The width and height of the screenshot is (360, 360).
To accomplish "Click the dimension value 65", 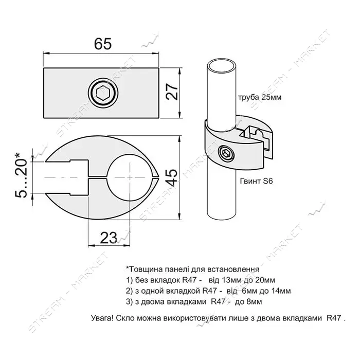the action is (103, 44).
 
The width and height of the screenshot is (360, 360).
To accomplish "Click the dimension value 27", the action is (172, 92).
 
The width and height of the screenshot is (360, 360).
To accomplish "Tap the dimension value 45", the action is (172, 178).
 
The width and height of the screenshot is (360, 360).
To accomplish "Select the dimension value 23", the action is (109, 238).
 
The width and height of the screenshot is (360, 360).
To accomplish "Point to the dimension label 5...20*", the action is (21, 175).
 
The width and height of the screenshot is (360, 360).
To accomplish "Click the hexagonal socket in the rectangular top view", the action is (103, 93).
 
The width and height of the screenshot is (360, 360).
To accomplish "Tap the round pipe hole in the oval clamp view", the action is (130, 178).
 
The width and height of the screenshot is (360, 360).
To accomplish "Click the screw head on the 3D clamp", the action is (225, 152).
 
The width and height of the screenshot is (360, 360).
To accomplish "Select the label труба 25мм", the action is (260, 97).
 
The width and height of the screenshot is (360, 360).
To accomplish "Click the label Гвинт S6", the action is (256, 181).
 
